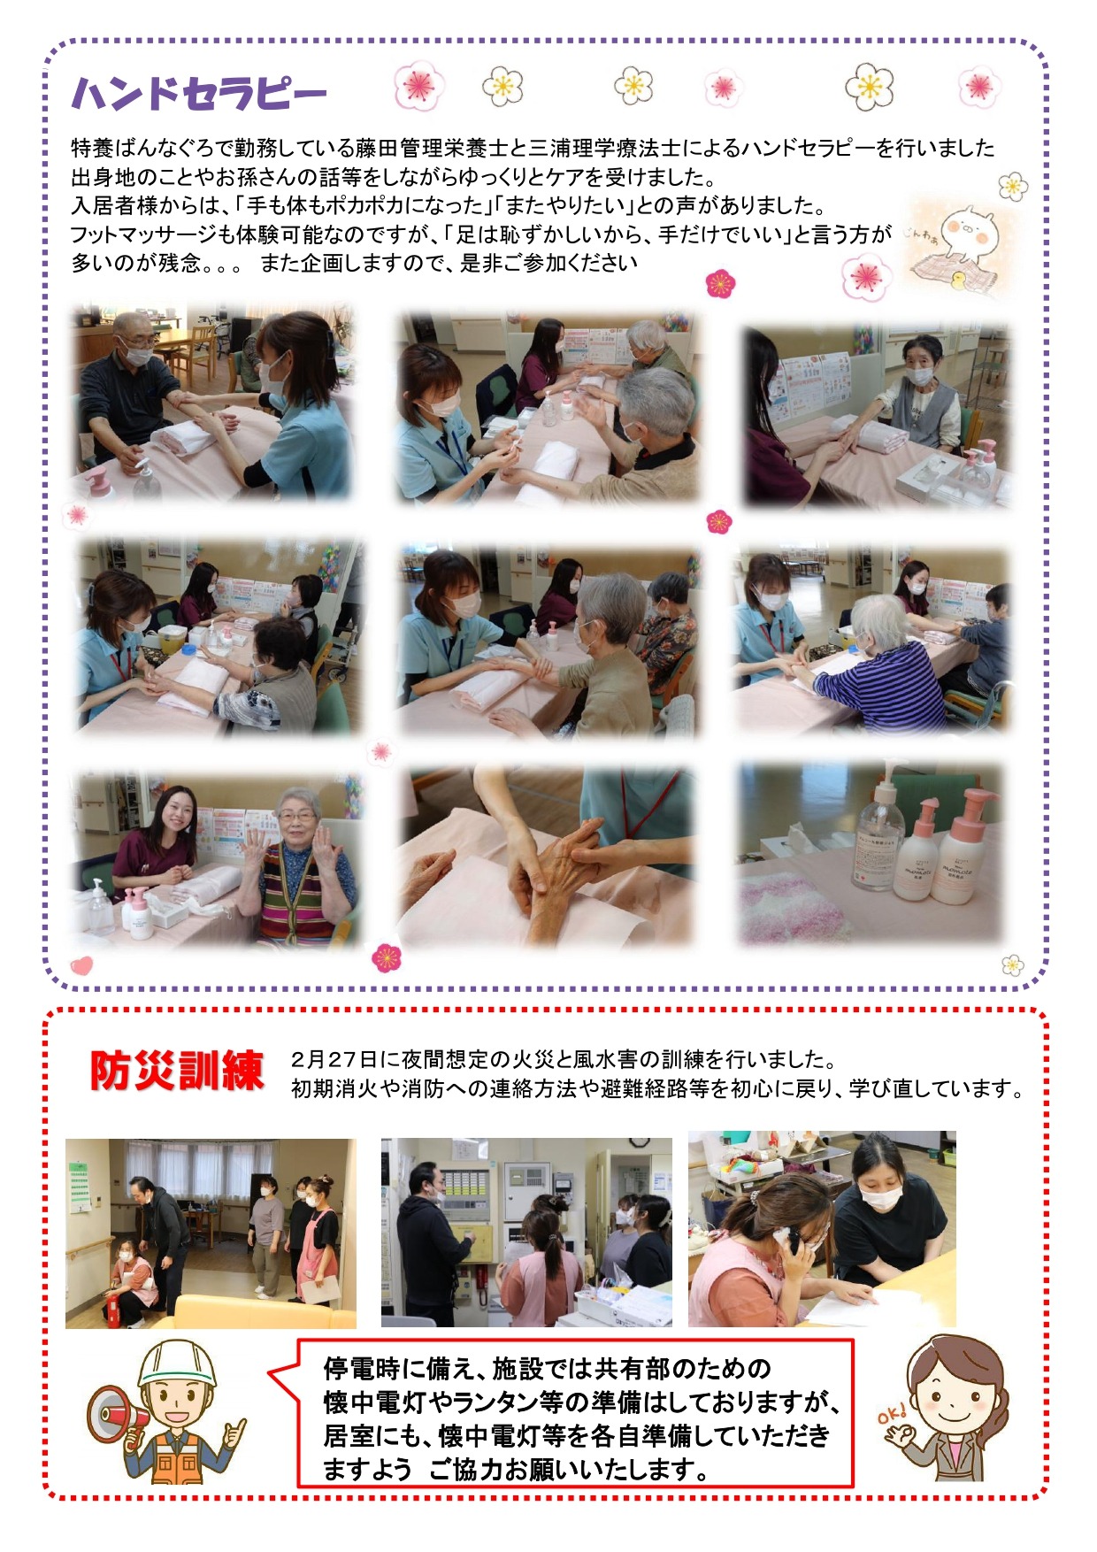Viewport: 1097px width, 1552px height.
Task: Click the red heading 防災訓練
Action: (x=177, y=1071)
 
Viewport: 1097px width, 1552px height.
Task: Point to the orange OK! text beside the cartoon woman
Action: (x=892, y=1415)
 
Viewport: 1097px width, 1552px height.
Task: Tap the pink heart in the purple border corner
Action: (x=81, y=964)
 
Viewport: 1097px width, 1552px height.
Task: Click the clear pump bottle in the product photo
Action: (x=878, y=835)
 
